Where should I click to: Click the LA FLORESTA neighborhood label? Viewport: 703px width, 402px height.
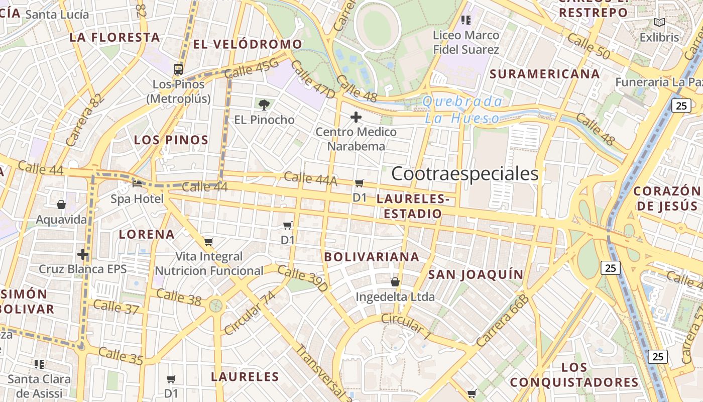pyautogui.click(x=114, y=37)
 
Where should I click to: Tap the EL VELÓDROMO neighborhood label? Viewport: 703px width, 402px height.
pyautogui.click(x=248, y=44)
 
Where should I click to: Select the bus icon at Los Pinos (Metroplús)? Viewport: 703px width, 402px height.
pyautogui.click(x=178, y=69)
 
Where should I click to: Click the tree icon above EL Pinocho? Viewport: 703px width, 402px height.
pyautogui.click(x=264, y=105)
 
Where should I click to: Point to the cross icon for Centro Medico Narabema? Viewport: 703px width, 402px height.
pyautogui.click(x=356, y=118)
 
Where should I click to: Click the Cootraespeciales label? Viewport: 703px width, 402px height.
pyautogui.click(x=464, y=174)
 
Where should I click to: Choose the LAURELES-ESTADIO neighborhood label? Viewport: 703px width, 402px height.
pyautogui.click(x=412, y=207)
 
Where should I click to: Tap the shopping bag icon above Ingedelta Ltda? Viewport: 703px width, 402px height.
pyautogui.click(x=395, y=282)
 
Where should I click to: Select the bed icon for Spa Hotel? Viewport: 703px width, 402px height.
pyautogui.click(x=137, y=183)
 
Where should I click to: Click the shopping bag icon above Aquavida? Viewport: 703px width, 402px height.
pyautogui.click(x=61, y=205)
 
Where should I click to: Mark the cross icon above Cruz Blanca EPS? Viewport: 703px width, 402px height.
pyautogui.click(x=83, y=254)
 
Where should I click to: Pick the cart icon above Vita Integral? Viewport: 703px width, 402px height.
pyautogui.click(x=209, y=242)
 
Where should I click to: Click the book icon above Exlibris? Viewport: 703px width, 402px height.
pyautogui.click(x=659, y=22)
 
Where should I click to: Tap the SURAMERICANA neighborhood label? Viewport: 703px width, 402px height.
pyautogui.click(x=545, y=74)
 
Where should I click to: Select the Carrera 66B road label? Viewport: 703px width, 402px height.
pyautogui.click(x=503, y=321)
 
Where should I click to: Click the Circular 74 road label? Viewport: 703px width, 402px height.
pyautogui.click(x=251, y=313)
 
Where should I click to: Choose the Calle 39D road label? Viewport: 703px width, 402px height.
pyautogui.click(x=302, y=279)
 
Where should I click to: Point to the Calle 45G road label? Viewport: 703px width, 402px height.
pyautogui.click(x=251, y=68)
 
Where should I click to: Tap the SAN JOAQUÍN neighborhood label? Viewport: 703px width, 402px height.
pyautogui.click(x=476, y=274)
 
